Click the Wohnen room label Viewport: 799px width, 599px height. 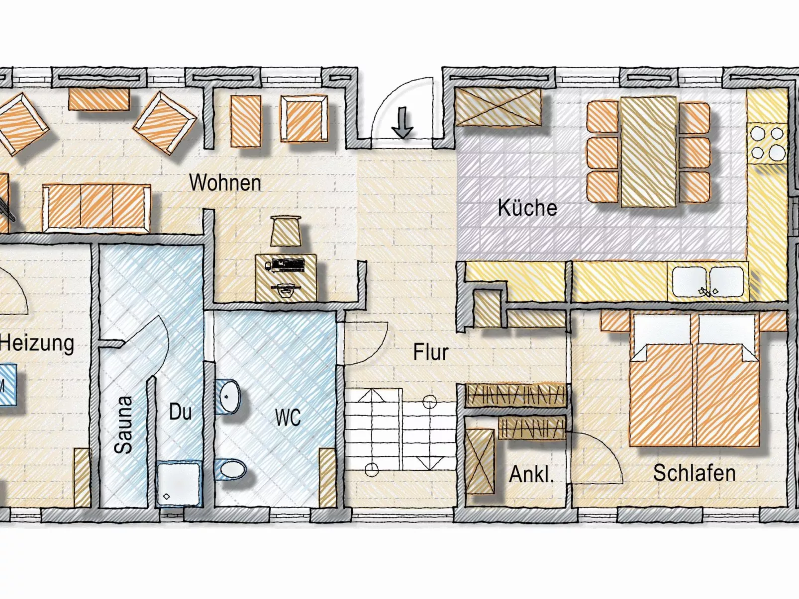(x=225, y=183)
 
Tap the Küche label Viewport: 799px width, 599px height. (x=527, y=208)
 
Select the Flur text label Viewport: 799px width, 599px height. (x=431, y=352)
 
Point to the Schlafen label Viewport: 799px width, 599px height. (x=694, y=473)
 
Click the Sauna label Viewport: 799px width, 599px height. (x=123, y=424)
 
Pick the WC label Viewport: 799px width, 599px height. (x=288, y=418)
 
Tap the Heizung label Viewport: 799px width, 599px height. (x=37, y=343)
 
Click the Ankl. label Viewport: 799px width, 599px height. (x=531, y=474)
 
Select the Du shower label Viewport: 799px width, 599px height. (x=180, y=412)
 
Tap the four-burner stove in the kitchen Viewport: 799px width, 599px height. (x=767, y=143)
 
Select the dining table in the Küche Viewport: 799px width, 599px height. (x=648, y=152)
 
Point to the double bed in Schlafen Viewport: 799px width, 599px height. (x=695, y=380)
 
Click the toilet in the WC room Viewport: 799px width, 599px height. (x=232, y=468)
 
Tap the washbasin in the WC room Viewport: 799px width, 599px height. (x=229, y=396)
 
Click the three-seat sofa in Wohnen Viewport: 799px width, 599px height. (x=97, y=208)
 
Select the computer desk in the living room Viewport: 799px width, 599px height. (x=286, y=277)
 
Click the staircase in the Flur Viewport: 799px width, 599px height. (x=400, y=429)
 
